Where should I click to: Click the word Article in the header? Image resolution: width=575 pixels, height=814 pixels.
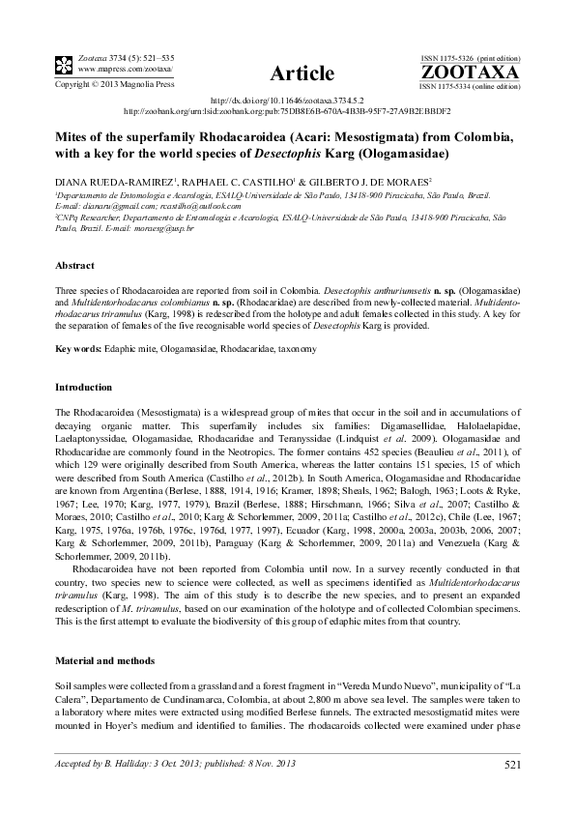303,73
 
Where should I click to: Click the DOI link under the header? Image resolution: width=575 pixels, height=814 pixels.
288,101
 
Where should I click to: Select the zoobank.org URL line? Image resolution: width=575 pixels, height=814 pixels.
287,110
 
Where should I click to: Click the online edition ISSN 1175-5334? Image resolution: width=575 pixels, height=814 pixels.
454,86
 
